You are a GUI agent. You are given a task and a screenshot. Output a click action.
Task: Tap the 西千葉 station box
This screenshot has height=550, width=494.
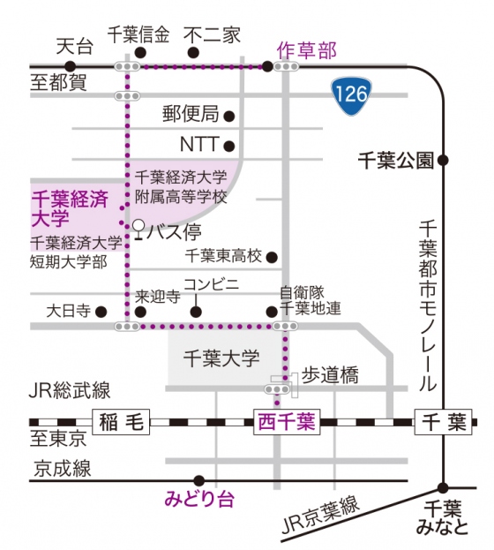(x=287, y=422)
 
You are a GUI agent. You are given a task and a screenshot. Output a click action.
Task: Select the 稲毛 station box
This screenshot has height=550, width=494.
(x=121, y=422)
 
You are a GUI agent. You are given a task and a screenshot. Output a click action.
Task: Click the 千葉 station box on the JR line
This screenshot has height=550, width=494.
(x=444, y=422)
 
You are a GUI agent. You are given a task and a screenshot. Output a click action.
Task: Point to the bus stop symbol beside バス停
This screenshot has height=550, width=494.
(x=139, y=230)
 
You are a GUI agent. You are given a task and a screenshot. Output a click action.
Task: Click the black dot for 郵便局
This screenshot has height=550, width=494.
(x=229, y=117)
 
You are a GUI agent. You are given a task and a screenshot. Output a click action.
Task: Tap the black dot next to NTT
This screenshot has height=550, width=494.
(x=229, y=146)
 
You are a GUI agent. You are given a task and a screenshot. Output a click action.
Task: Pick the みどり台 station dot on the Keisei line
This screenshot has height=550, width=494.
(x=198, y=480)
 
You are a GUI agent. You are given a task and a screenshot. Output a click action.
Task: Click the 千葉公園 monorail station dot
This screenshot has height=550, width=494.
(x=443, y=161)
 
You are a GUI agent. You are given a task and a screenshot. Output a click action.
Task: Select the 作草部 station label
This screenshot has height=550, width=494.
(x=307, y=50)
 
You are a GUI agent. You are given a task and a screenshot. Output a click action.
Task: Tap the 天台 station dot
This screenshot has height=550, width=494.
(x=71, y=66)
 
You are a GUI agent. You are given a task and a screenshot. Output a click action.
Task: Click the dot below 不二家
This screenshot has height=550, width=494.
(x=193, y=53)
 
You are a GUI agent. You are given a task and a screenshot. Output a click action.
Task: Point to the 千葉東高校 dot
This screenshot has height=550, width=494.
(x=272, y=258)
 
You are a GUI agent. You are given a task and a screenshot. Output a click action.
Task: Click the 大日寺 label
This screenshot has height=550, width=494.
(x=69, y=311)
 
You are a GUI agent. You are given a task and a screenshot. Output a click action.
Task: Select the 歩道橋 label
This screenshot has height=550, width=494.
(x=330, y=375)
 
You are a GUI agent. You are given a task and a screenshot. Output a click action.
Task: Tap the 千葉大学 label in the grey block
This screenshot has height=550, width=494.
(x=222, y=358)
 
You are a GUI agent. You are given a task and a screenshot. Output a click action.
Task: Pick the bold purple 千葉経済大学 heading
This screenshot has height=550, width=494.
(x=70, y=209)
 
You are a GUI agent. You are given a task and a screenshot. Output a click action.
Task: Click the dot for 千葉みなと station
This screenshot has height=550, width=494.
(x=443, y=487)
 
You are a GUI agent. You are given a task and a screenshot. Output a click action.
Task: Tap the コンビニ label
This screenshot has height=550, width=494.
(x=212, y=284)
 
